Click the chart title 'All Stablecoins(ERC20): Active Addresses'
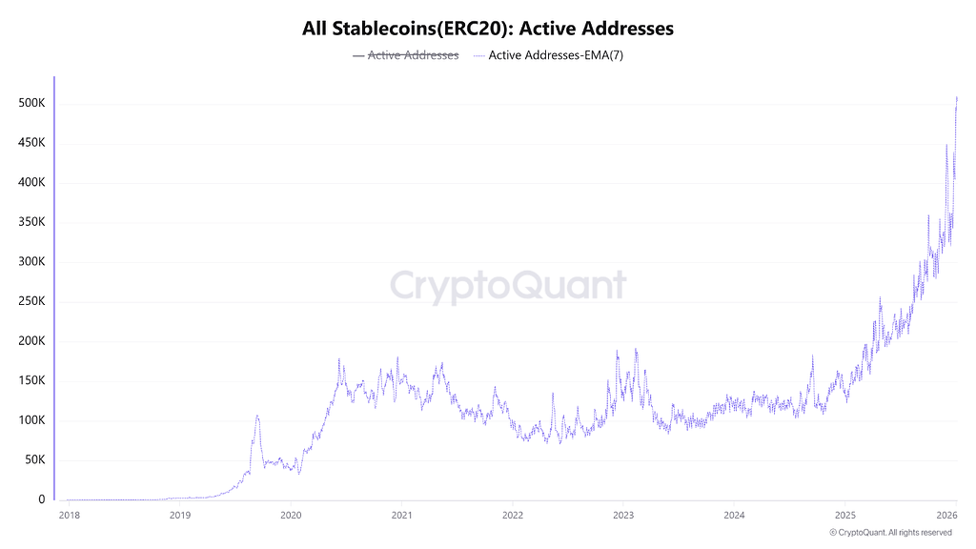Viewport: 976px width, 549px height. coord(488,29)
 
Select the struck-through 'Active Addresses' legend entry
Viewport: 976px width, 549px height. coord(405,55)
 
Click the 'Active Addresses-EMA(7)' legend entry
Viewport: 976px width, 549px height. coord(548,55)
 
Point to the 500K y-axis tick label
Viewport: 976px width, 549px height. coord(30,103)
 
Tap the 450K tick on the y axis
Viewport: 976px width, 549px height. coord(30,143)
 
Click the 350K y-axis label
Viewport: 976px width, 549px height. coord(30,222)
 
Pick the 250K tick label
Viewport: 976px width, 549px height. coord(30,301)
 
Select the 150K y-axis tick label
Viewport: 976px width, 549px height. coord(30,380)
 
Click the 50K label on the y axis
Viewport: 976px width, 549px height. coord(33,459)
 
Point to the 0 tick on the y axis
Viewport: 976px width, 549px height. coord(41,499)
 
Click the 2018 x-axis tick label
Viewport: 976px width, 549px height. coord(69,516)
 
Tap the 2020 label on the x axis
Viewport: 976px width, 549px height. coord(291,516)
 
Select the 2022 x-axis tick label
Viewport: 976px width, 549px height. coord(512,516)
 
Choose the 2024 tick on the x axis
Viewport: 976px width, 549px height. coord(733,516)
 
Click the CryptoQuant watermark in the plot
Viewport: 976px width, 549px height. coord(508,286)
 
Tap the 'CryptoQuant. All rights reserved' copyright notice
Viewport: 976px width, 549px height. coord(891,533)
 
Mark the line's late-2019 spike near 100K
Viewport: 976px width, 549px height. coord(257,417)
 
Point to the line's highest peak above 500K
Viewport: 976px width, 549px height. coord(956,97)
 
